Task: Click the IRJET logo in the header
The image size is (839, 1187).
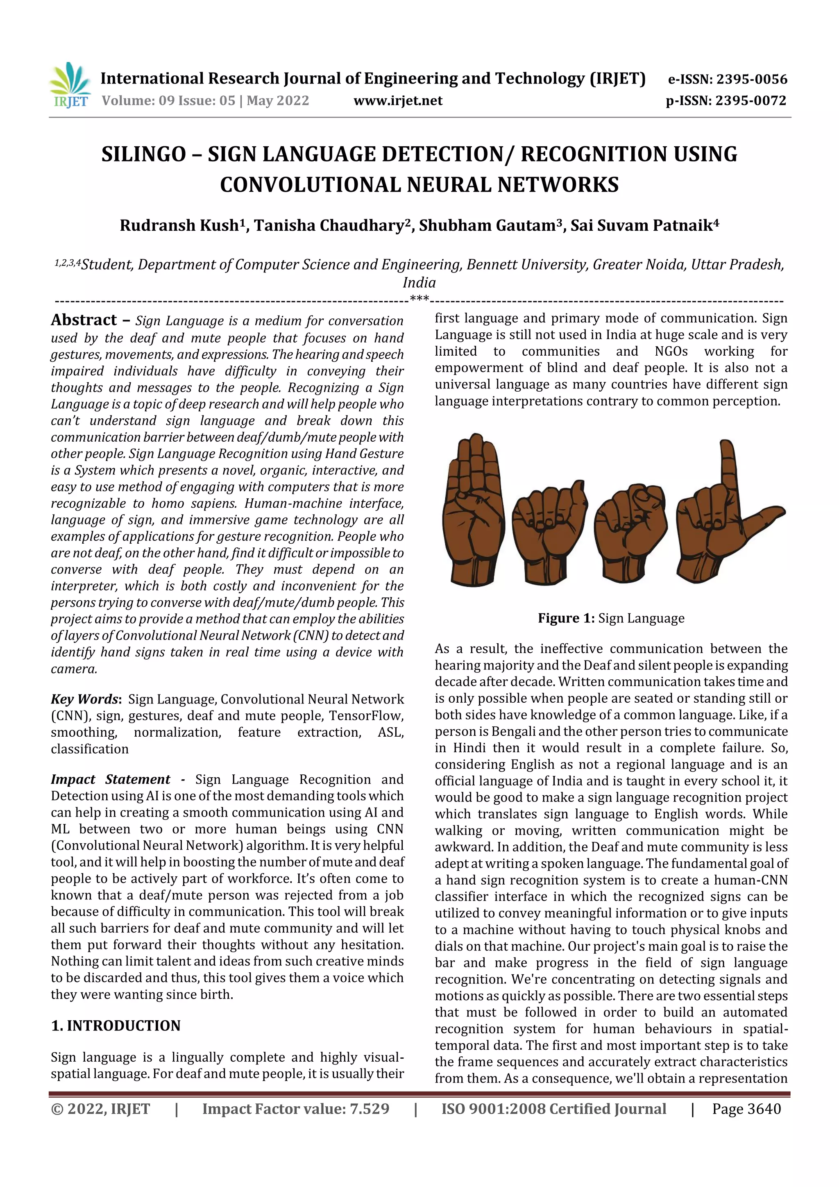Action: (70, 85)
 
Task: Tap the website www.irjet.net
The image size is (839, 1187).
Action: (397, 100)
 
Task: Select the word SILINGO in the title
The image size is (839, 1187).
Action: (143, 154)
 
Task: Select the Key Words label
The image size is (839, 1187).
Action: (85, 699)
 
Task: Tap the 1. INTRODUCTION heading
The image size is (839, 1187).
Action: (116, 1026)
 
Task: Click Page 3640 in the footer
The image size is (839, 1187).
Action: (746, 1109)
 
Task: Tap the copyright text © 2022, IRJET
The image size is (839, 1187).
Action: (100, 1109)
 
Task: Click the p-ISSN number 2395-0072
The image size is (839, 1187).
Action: (750, 100)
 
